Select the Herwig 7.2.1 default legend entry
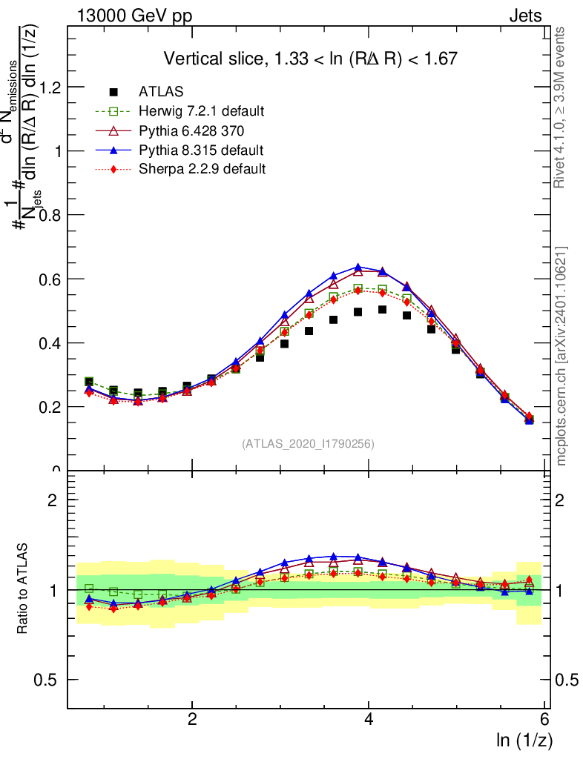(x=201, y=112)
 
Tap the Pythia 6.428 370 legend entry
(x=191, y=131)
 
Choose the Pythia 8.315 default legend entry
(x=201, y=150)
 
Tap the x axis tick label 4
(x=369, y=719)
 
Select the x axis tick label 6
(x=545, y=719)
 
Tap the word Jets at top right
(x=524, y=16)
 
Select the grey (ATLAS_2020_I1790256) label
(x=307, y=444)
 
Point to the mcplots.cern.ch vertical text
(x=561, y=356)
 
